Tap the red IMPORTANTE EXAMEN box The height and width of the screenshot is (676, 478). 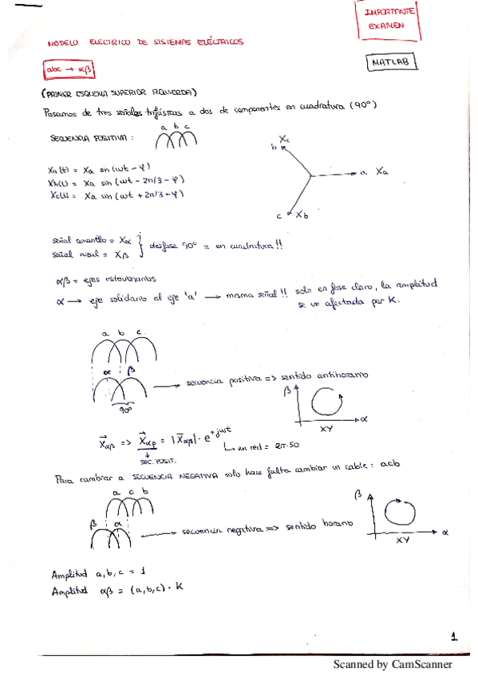tap(385, 19)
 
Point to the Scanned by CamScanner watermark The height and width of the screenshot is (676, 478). tap(393, 664)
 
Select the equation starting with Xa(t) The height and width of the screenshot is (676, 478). tap(99, 168)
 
